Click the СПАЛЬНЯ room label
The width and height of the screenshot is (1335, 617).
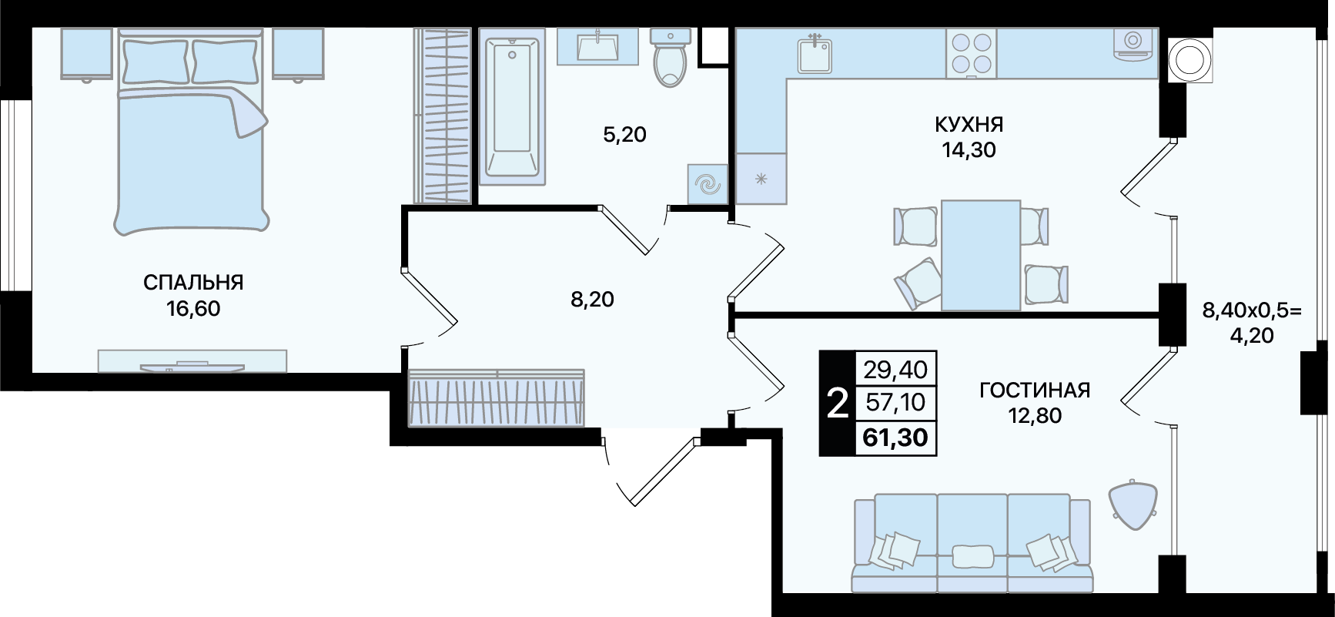click(x=193, y=283)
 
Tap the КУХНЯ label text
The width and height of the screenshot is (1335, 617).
click(x=969, y=124)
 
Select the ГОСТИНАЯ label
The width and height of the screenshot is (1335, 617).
click(x=1035, y=391)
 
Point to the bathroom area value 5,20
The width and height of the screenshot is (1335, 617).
click(x=624, y=135)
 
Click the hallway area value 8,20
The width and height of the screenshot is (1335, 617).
click(x=592, y=299)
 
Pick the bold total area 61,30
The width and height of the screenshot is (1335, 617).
click(x=895, y=438)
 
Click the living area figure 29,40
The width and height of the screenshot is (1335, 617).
click(x=895, y=370)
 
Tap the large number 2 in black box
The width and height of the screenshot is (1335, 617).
click(x=837, y=403)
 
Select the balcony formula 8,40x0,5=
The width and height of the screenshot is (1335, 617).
click(x=1252, y=310)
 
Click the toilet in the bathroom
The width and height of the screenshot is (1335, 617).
click(x=670, y=57)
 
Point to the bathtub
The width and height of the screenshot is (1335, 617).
click(x=512, y=106)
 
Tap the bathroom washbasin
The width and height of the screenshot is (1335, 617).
click(x=597, y=45)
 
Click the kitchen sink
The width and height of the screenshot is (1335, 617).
click(x=815, y=53)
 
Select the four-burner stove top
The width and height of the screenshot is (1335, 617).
click(x=972, y=53)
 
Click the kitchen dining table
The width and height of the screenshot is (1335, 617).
click(x=980, y=255)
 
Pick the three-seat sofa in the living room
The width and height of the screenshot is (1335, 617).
click(x=972, y=544)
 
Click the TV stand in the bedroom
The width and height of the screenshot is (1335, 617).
click(x=192, y=360)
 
